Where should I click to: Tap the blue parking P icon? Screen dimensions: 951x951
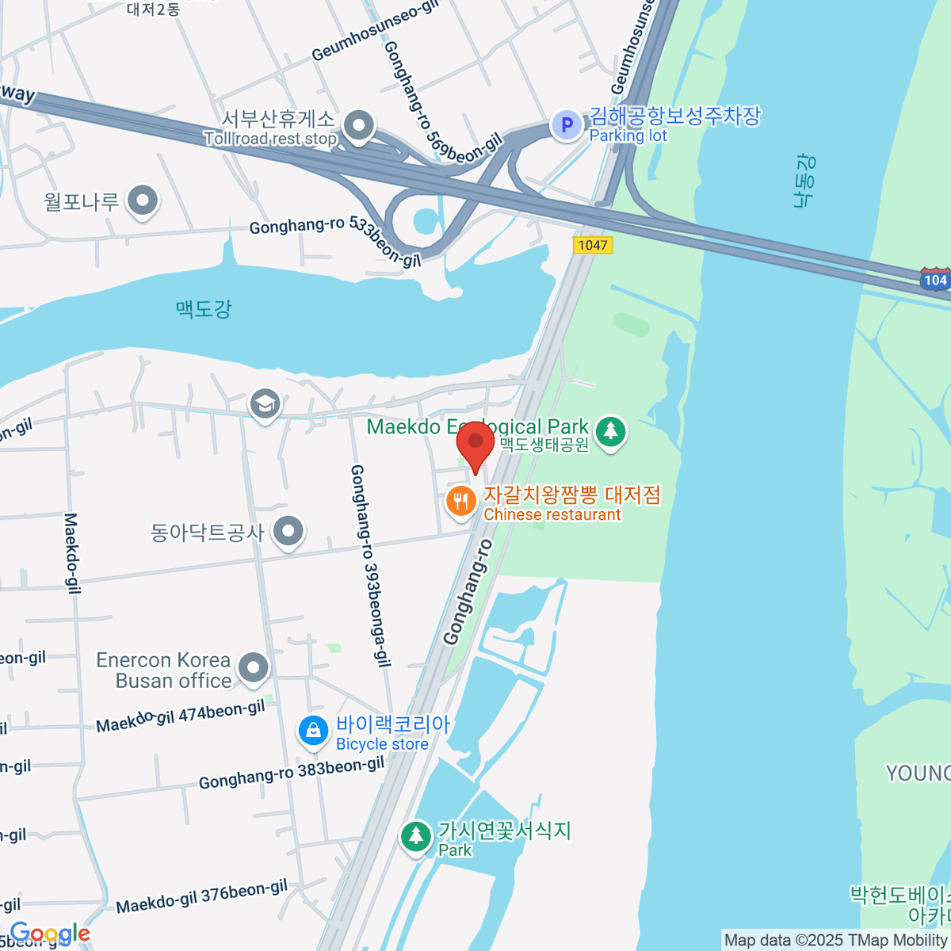click(x=567, y=124)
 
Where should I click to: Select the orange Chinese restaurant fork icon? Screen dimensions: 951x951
click(x=460, y=501)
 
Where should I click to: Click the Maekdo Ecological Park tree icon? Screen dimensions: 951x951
click(x=609, y=431)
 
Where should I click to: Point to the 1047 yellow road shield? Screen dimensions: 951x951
click(x=593, y=245)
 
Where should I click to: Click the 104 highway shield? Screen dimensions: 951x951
click(x=935, y=280)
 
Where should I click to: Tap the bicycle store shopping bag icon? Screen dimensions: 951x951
click(x=314, y=731)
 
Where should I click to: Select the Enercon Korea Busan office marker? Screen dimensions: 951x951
click(x=254, y=668)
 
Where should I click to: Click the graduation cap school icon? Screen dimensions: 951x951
click(x=265, y=404)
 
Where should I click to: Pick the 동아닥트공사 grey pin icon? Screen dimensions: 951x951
click(x=288, y=531)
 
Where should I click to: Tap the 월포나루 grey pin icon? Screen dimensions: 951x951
click(x=143, y=201)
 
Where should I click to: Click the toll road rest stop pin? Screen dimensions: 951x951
click(x=361, y=125)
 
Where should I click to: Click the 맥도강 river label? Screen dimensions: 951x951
click(x=204, y=307)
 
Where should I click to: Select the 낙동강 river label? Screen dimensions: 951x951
click(x=804, y=181)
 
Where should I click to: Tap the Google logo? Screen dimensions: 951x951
click(x=49, y=934)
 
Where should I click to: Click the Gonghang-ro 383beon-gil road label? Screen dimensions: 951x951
click(x=291, y=773)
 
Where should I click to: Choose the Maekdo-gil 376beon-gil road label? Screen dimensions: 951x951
click(x=201, y=896)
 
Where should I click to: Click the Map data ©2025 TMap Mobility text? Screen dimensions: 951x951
click(x=835, y=941)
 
